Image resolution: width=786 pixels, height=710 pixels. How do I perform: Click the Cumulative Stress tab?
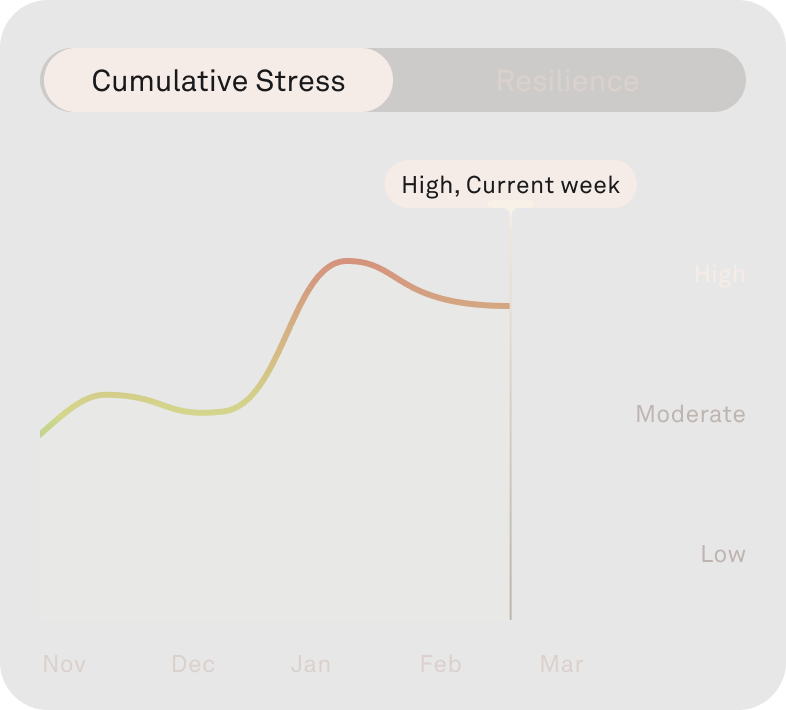(x=218, y=80)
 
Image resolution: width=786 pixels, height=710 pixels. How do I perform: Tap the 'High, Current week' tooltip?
(x=510, y=184)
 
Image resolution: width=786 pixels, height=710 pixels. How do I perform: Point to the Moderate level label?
(x=690, y=414)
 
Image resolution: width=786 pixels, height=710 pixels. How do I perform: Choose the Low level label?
(x=722, y=554)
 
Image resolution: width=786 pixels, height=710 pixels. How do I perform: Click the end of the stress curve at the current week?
(x=509, y=306)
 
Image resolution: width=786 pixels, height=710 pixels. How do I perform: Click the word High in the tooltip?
(x=428, y=185)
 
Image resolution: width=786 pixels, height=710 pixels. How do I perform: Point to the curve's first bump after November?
(x=108, y=394)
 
